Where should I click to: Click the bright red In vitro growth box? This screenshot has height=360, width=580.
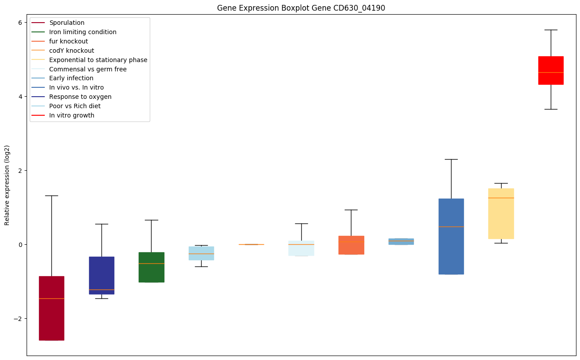(x=551, y=70)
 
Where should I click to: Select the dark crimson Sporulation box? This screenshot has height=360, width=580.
(x=51, y=308)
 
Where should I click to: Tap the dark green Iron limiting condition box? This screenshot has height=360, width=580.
(x=152, y=267)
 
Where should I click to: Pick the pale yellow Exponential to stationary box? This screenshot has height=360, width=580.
(x=501, y=213)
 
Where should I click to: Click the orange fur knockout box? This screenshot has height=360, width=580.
(x=351, y=245)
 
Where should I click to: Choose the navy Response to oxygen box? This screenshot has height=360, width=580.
(x=101, y=275)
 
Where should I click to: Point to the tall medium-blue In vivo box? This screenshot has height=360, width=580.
(x=451, y=236)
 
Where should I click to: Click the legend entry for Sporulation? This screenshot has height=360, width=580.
(x=67, y=23)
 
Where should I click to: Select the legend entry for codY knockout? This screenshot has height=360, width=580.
(x=71, y=51)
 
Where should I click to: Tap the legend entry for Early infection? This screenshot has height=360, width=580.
(x=71, y=78)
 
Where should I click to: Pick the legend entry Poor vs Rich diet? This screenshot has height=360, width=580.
(x=75, y=106)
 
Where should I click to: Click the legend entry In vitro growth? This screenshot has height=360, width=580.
(x=72, y=116)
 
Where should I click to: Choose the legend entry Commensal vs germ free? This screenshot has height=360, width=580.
(x=88, y=69)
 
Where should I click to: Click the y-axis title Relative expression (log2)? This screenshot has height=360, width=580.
(x=7, y=185)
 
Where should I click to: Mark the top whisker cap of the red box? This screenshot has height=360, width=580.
(x=551, y=30)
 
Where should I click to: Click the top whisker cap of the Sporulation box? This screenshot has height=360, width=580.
(x=51, y=196)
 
